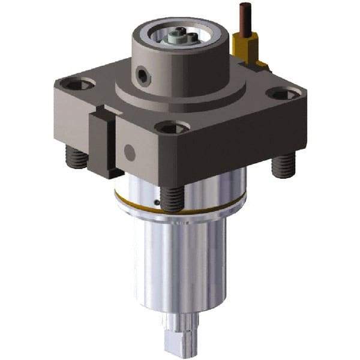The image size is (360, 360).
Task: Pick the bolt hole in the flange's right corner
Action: pos(283,94)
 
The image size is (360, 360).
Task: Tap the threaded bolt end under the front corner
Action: pos(172,197)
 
